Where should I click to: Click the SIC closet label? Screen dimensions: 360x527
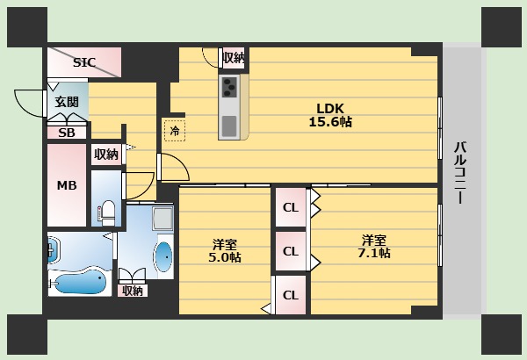(84, 62)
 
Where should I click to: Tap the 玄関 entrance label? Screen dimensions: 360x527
(67, 102)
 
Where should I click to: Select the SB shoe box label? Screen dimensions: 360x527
(67, 133)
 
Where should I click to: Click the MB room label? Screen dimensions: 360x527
(67, 185)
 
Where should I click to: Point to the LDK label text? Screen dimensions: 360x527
(330, 109)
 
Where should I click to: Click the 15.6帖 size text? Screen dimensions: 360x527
(330, 123)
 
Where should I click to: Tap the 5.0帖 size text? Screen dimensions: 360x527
(226, 257)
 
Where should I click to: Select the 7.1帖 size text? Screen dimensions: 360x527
(375, 253)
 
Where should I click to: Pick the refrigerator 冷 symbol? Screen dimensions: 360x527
(174, 131)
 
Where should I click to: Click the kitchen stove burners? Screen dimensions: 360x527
(229, 87)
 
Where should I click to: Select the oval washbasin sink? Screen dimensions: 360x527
(163, 257)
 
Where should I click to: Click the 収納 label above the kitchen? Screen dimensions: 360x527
(233, 58)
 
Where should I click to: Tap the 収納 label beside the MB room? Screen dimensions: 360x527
(106, 155)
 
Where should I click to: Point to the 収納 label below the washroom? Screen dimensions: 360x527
(133, 291)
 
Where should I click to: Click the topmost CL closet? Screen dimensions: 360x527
(290, 208)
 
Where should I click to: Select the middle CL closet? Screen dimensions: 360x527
(290, 251)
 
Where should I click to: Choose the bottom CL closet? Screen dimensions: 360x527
(290, 295)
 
